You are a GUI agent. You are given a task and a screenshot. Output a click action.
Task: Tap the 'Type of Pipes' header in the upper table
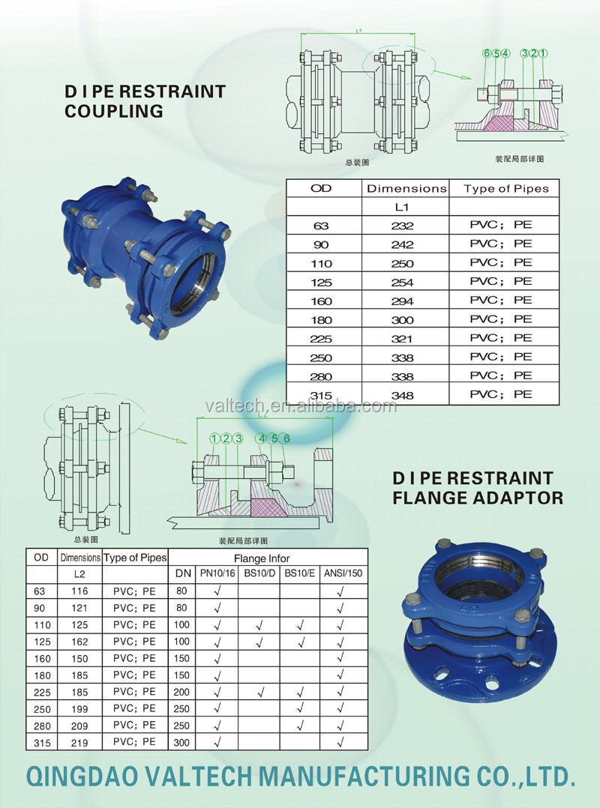click(x=505, y=189)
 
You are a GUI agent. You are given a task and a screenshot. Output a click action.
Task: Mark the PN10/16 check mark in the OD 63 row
click(x=217, y=591)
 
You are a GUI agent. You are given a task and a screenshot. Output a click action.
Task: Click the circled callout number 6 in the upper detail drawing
click(x=487, y=53)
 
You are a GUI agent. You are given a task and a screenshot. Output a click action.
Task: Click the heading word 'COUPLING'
click(x=113, y=111)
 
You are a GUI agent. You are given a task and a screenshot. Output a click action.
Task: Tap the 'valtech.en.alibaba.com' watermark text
click(x=300, y=406)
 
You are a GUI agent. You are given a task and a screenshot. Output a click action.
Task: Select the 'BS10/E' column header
click(x=301, y=575)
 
